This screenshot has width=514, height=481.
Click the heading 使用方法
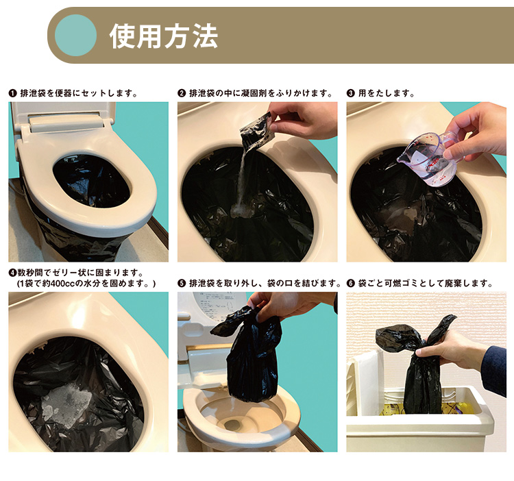164,36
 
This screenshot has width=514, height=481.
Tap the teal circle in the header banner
75,35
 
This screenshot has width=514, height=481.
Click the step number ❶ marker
12,93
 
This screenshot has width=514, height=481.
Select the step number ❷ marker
182,93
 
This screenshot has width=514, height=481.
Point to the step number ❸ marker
350,93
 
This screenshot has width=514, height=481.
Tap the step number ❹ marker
12,273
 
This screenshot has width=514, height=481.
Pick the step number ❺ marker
182,283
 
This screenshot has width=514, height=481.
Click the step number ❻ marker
350,283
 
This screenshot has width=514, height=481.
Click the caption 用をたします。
386,93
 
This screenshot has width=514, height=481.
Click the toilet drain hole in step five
234,425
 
